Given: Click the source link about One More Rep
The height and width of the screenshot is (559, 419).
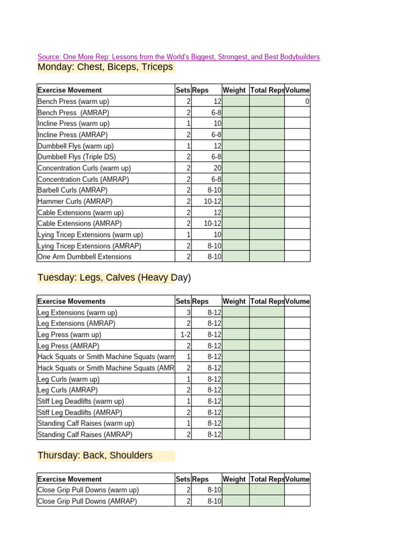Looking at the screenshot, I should [x=178, y=57].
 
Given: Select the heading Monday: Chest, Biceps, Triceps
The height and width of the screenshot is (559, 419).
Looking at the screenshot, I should [x=105, y=67].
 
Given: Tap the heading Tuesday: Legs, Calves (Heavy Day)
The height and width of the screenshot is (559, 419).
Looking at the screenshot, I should [x=114, y=278].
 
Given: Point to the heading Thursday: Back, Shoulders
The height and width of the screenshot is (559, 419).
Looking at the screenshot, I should [x=95, y=455].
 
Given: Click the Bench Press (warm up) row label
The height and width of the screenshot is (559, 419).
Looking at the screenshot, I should [x=73, y=102].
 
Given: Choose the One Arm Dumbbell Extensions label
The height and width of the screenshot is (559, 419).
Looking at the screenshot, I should [x=84, y=257].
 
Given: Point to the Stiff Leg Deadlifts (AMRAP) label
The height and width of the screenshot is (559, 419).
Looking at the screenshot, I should [x=80, y=412].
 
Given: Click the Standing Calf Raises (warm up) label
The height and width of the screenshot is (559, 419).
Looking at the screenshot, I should [x=86, y=423].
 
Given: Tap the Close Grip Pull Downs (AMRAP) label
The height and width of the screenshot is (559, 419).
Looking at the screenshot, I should [x=87, y=501].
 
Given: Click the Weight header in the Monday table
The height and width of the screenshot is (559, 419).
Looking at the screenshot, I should [x=234, y=90].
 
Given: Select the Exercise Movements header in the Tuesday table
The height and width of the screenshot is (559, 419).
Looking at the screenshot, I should [x=71, y=301].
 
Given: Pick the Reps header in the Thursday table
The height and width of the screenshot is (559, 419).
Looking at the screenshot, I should [x=200, y=479].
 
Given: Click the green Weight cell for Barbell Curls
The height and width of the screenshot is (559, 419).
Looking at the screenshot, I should [x=236, y=191].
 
